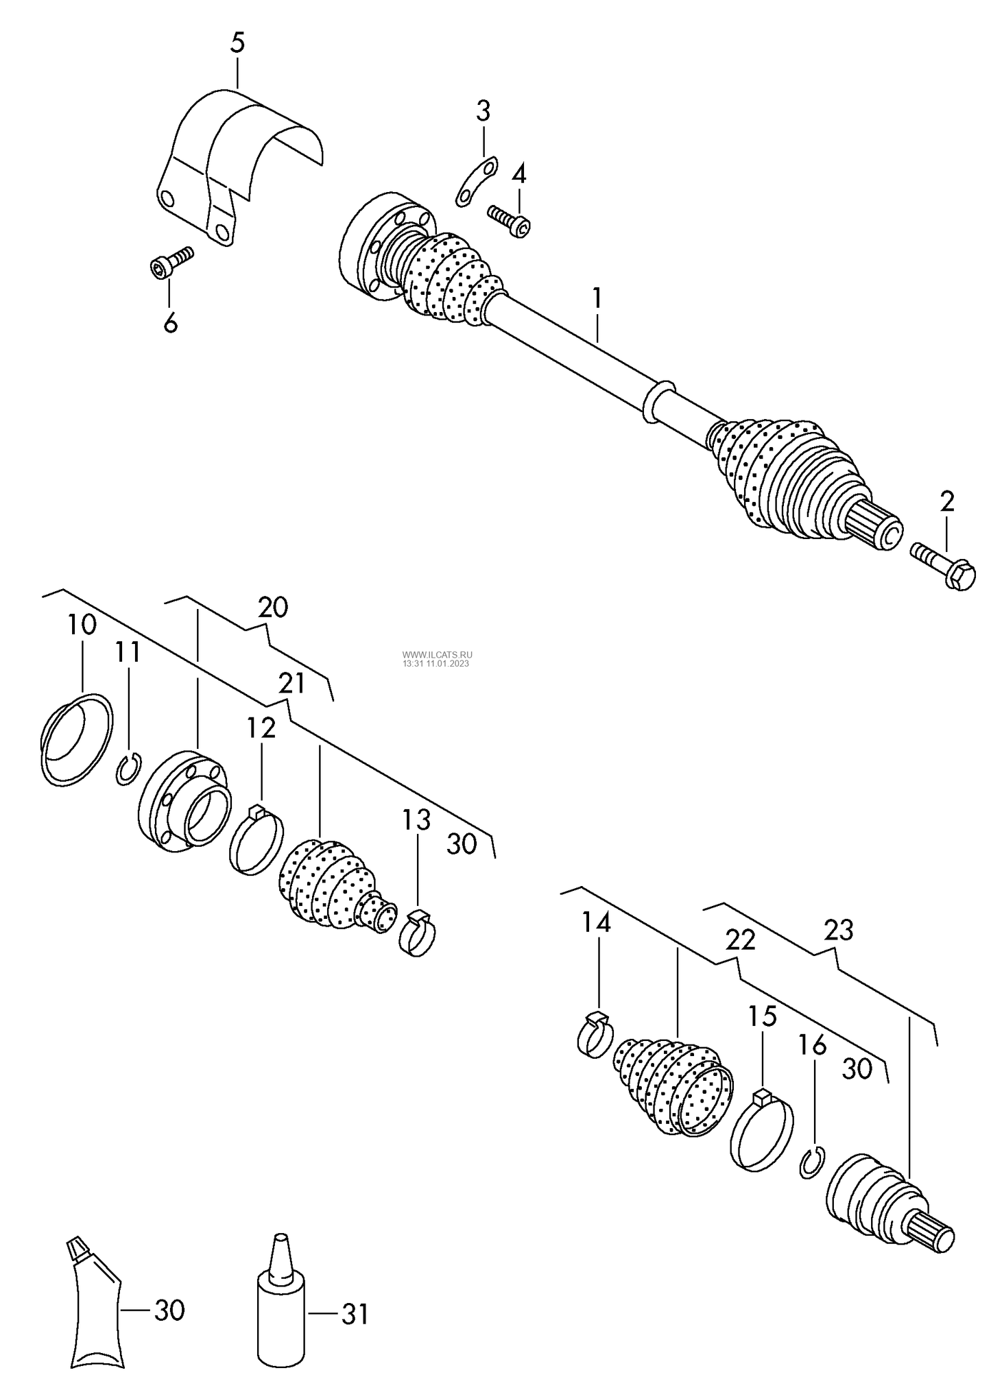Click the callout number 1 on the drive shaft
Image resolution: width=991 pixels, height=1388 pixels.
coord(597,298)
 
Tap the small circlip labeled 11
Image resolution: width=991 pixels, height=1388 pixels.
coord(129,768)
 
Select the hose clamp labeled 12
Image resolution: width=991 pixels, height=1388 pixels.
coord(256,840)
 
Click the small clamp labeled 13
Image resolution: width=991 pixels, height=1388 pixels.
coord(418,931)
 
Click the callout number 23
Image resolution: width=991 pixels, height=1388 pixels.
coord(838,931)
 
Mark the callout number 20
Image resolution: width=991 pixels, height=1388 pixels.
coord(273,608)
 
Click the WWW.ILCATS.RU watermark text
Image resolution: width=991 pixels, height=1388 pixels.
coord(437,655)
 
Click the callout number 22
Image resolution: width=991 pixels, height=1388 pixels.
coord(741,940)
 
